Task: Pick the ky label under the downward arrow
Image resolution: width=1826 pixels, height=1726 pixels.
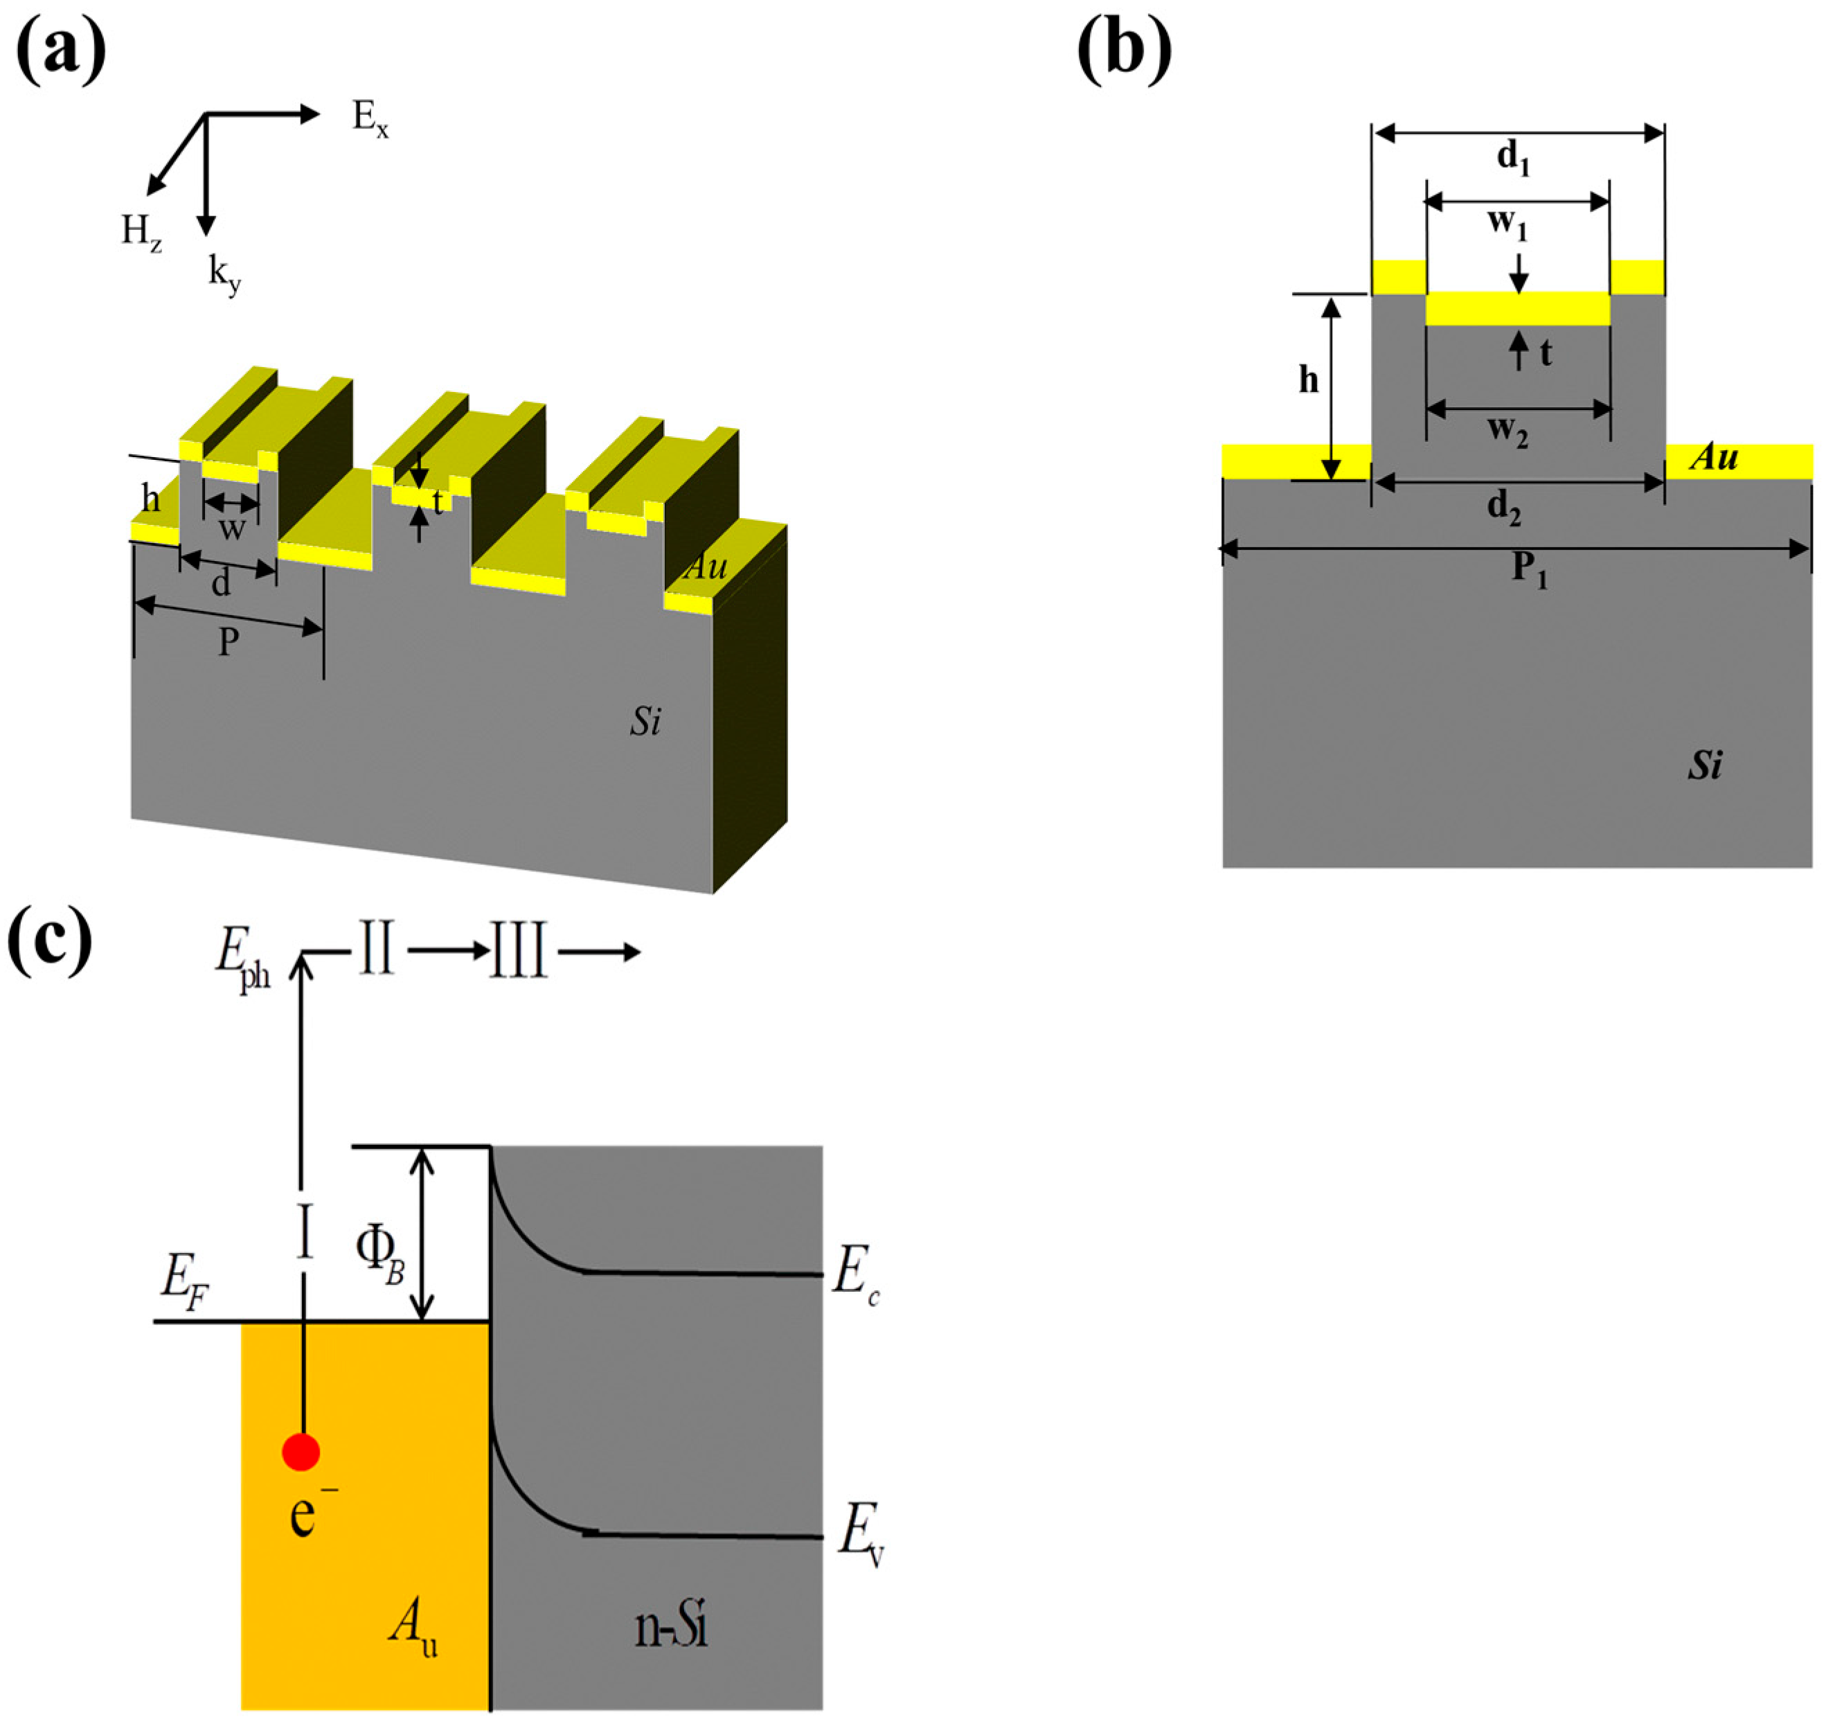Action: pos(224,276)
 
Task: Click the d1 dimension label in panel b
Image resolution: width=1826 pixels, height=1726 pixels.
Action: pos(1513,158)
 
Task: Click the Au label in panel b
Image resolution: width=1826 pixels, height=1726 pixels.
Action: pos(1714,457)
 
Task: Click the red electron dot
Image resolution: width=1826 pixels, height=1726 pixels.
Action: pos(301,1452)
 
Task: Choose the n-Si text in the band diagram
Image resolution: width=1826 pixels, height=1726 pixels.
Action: pos(670,1627)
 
